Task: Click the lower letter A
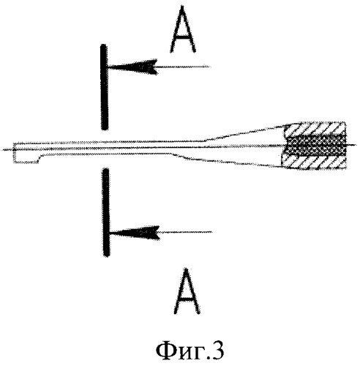[187, 291]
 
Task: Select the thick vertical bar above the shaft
[104, 87]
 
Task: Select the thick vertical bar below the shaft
[106, 212]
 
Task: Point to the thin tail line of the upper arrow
[184, 67]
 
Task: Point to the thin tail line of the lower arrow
[186, 232]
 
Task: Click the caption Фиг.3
[190, 351]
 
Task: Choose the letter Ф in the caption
[165, 351]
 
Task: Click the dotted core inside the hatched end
[316, 146]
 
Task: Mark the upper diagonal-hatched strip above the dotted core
[316, 129]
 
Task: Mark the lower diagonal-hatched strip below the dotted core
[315, 162]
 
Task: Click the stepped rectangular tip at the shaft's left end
[26, 153]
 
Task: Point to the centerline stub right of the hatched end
[352, 145]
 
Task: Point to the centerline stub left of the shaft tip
[7, 149]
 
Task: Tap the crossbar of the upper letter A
[182, 38]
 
